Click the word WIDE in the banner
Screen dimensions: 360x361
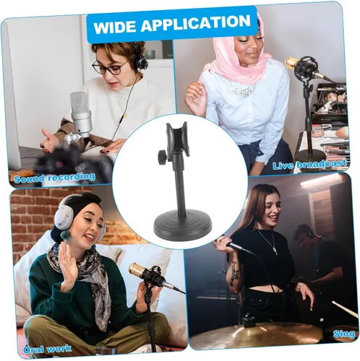[x=115, y=27]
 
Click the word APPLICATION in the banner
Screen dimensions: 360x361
[x=196, y=23]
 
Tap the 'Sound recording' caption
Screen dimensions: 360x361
[x=54, y=178]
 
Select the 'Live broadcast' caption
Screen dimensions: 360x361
[x=309, y=164]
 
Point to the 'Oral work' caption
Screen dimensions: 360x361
[x=47, y=349]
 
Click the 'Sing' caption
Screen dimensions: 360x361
[x=344, y=334]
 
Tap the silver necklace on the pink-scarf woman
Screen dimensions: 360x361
[x=243, y=90]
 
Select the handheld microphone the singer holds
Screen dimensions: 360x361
[x=237, y=246]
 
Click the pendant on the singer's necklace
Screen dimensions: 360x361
[x=274, y=250]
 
